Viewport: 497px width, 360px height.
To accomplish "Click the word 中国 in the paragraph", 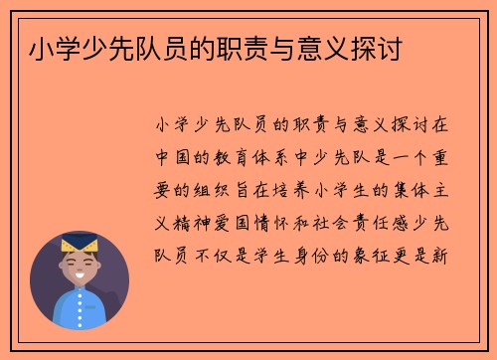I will [x=169, y=157].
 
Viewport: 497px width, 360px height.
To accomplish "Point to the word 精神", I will [x=190, y=222].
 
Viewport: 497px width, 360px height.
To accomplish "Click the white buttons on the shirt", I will [x=79, y=310].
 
